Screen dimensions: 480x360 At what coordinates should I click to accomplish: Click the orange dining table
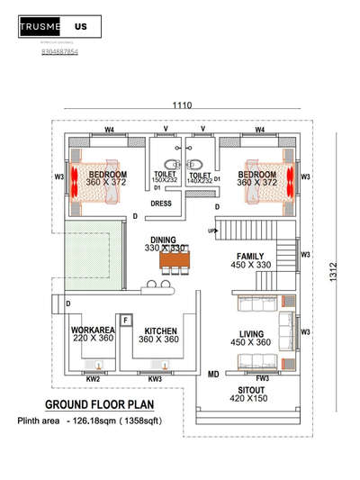pyautogui.click(x=175, y=261)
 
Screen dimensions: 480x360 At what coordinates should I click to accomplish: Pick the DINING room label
pyautogui.click(x=163, y=240)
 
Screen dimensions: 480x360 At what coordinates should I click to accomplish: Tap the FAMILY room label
pyautogui.click(x=251, y=256)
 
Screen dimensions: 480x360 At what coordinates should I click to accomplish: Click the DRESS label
pyautogui.click(x=161, y=204)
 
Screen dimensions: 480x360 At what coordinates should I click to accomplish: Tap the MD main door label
pyautogui.click(x=213, y=372)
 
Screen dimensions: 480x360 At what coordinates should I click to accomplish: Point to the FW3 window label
pyautogui.click(x=263, y=378)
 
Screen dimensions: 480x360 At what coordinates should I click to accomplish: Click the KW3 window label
pyautogui.click(x=157, y=378)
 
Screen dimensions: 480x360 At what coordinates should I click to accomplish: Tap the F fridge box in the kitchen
pyautogui.click(x=126, y=319)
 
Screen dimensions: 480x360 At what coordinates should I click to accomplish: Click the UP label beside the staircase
pyautogui.click(x=212, y=231)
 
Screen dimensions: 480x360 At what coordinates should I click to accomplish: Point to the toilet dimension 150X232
pyautogui.click(x=165, y=181)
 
